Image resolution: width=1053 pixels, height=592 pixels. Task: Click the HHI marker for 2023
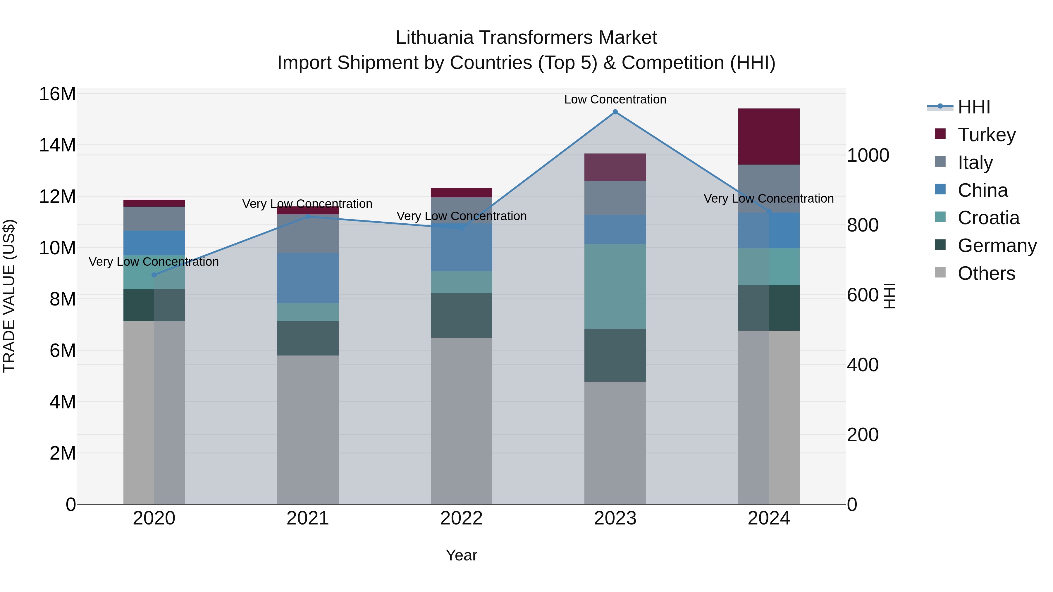tap(615, 112)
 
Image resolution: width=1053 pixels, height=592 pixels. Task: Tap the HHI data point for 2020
tap(154, 275)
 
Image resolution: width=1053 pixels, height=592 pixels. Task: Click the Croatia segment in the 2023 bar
tap(615, 286)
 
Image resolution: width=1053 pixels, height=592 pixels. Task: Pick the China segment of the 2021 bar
tap(307, 278)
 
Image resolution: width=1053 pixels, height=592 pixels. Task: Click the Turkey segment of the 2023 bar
tap(615, 167)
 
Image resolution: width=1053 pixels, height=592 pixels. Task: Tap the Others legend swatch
tap(940, 272)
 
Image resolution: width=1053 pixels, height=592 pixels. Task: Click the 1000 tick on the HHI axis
tap(868, 155)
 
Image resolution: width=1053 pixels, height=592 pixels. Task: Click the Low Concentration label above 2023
tap(615, 99)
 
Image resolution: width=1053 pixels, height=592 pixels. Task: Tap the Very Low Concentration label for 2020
tap(154, 261)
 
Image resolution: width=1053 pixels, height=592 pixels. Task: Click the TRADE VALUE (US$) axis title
tap(9, 296)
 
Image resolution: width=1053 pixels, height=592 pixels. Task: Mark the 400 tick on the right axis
tap(863, 365)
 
